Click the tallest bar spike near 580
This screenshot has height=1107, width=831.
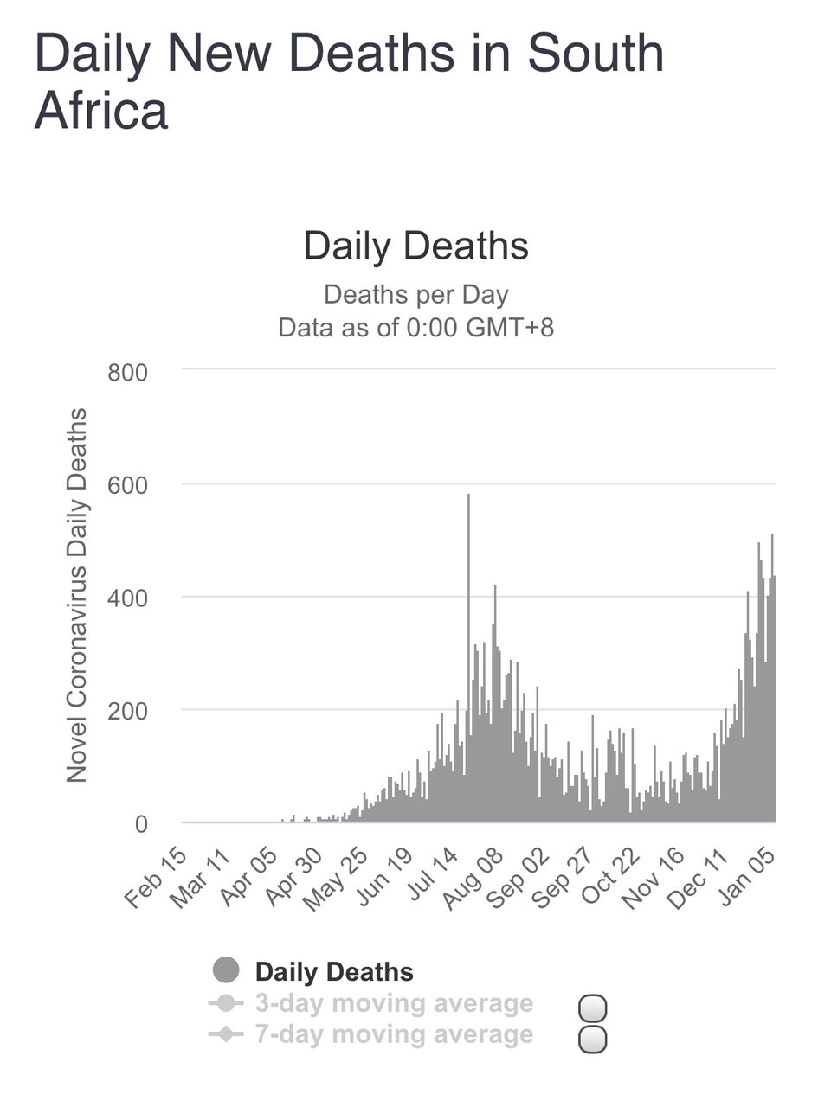468,605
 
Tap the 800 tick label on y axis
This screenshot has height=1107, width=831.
127,373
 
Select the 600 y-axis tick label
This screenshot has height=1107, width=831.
127,485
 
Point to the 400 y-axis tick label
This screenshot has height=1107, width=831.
127,598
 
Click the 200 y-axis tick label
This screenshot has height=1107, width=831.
127,711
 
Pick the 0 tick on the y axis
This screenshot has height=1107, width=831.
141,824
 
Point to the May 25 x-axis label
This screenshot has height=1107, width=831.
335,878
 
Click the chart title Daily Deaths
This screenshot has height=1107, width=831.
415,246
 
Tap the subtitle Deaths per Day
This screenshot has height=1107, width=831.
415,294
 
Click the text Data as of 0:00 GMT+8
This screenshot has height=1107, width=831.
415,328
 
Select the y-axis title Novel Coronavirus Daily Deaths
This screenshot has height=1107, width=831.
77,595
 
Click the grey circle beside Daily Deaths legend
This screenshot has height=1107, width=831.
226,970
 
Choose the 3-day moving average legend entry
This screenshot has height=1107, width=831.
394,1003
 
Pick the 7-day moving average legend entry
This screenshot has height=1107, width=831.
394,1034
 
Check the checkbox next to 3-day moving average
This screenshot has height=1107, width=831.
592,1008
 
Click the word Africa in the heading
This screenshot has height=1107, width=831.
101,111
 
